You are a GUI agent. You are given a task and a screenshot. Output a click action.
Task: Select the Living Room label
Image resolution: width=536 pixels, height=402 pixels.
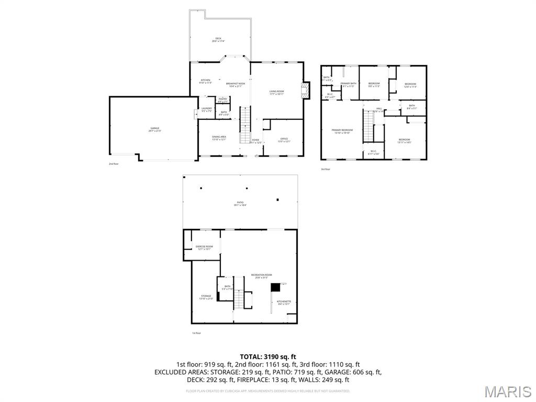pyautogui.click(x=276, y=93)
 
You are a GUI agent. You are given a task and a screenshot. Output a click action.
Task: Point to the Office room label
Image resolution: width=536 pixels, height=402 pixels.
pyautogui.click(x=284, y=140)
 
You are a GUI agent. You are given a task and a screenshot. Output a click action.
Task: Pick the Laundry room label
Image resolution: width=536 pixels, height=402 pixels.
pyautogui.click(x=207, y=109)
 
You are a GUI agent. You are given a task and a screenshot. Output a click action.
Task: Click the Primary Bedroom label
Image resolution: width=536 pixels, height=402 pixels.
pyautogui.click(x=342, y=131)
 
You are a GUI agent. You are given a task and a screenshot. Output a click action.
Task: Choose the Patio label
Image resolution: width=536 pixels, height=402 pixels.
pyautogui.click(x=240, y=204)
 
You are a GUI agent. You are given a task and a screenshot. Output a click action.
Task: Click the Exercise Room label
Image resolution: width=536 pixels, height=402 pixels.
pyautogui.click(x=204, y=248)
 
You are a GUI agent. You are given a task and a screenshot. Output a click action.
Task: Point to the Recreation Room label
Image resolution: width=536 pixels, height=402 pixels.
pyautogui.click(x=261, y=276)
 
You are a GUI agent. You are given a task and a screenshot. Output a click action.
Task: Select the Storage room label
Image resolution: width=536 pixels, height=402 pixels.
pyautogui.click(x=206, y=297)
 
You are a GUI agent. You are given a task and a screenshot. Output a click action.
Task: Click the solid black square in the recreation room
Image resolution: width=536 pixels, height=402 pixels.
pyautogui.click(x=274, y=287)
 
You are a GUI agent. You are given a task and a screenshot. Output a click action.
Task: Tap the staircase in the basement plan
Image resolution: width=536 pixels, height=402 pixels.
pyautogui.click(x=239, y=299)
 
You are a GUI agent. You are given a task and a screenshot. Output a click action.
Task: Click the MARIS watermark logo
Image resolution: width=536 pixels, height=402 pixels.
pyautogui.click(x=507, y=391)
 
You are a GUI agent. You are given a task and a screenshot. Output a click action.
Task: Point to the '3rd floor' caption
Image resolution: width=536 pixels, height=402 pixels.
pyautogui.click(x=326, y=169)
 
